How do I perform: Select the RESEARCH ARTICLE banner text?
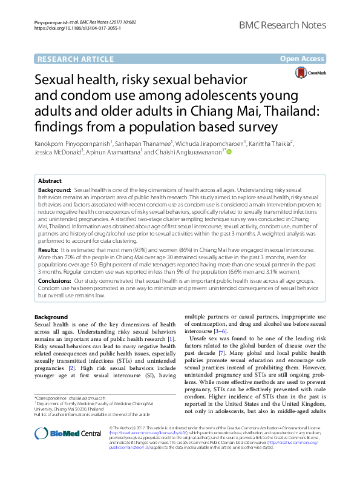pyautogui.click(x=76, y=59)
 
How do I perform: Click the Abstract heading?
pyautogui.click(x=50, y=181)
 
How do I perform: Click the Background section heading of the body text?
pyautogui.click(x=51, y=317)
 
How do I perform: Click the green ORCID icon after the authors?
pyautogui.click(x=229, y=153)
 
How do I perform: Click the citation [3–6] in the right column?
pyautogui.click(x=218, y=331)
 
